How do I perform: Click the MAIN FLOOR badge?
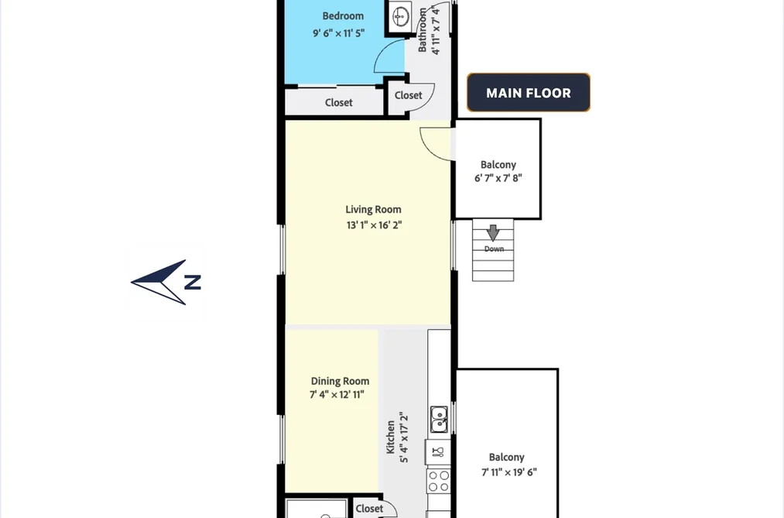(x=529, y=92)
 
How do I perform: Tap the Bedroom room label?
(x=343, y=16)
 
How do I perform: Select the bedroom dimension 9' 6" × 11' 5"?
(x=338, y=33)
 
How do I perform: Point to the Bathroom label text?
(x=423, y=30)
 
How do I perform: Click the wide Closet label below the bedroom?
(x=338, y=102)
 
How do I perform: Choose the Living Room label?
(x=373, y=210)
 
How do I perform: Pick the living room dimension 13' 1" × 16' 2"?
(x=374, y=225)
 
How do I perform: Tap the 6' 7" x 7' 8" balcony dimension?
(x=498, y=178)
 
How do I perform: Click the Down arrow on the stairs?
(x=493, y=232)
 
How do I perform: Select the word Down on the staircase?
(x=494, y=249)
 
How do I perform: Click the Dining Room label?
(x=340, y=381)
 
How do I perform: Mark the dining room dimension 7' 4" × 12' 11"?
(x=337, y=394)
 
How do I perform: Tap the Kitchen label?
(x=391, y=437)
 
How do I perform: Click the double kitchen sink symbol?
(x=439, y=420)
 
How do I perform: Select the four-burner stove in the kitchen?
(x=439, y=481)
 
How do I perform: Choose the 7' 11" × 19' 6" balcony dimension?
(x=509, y=472)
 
